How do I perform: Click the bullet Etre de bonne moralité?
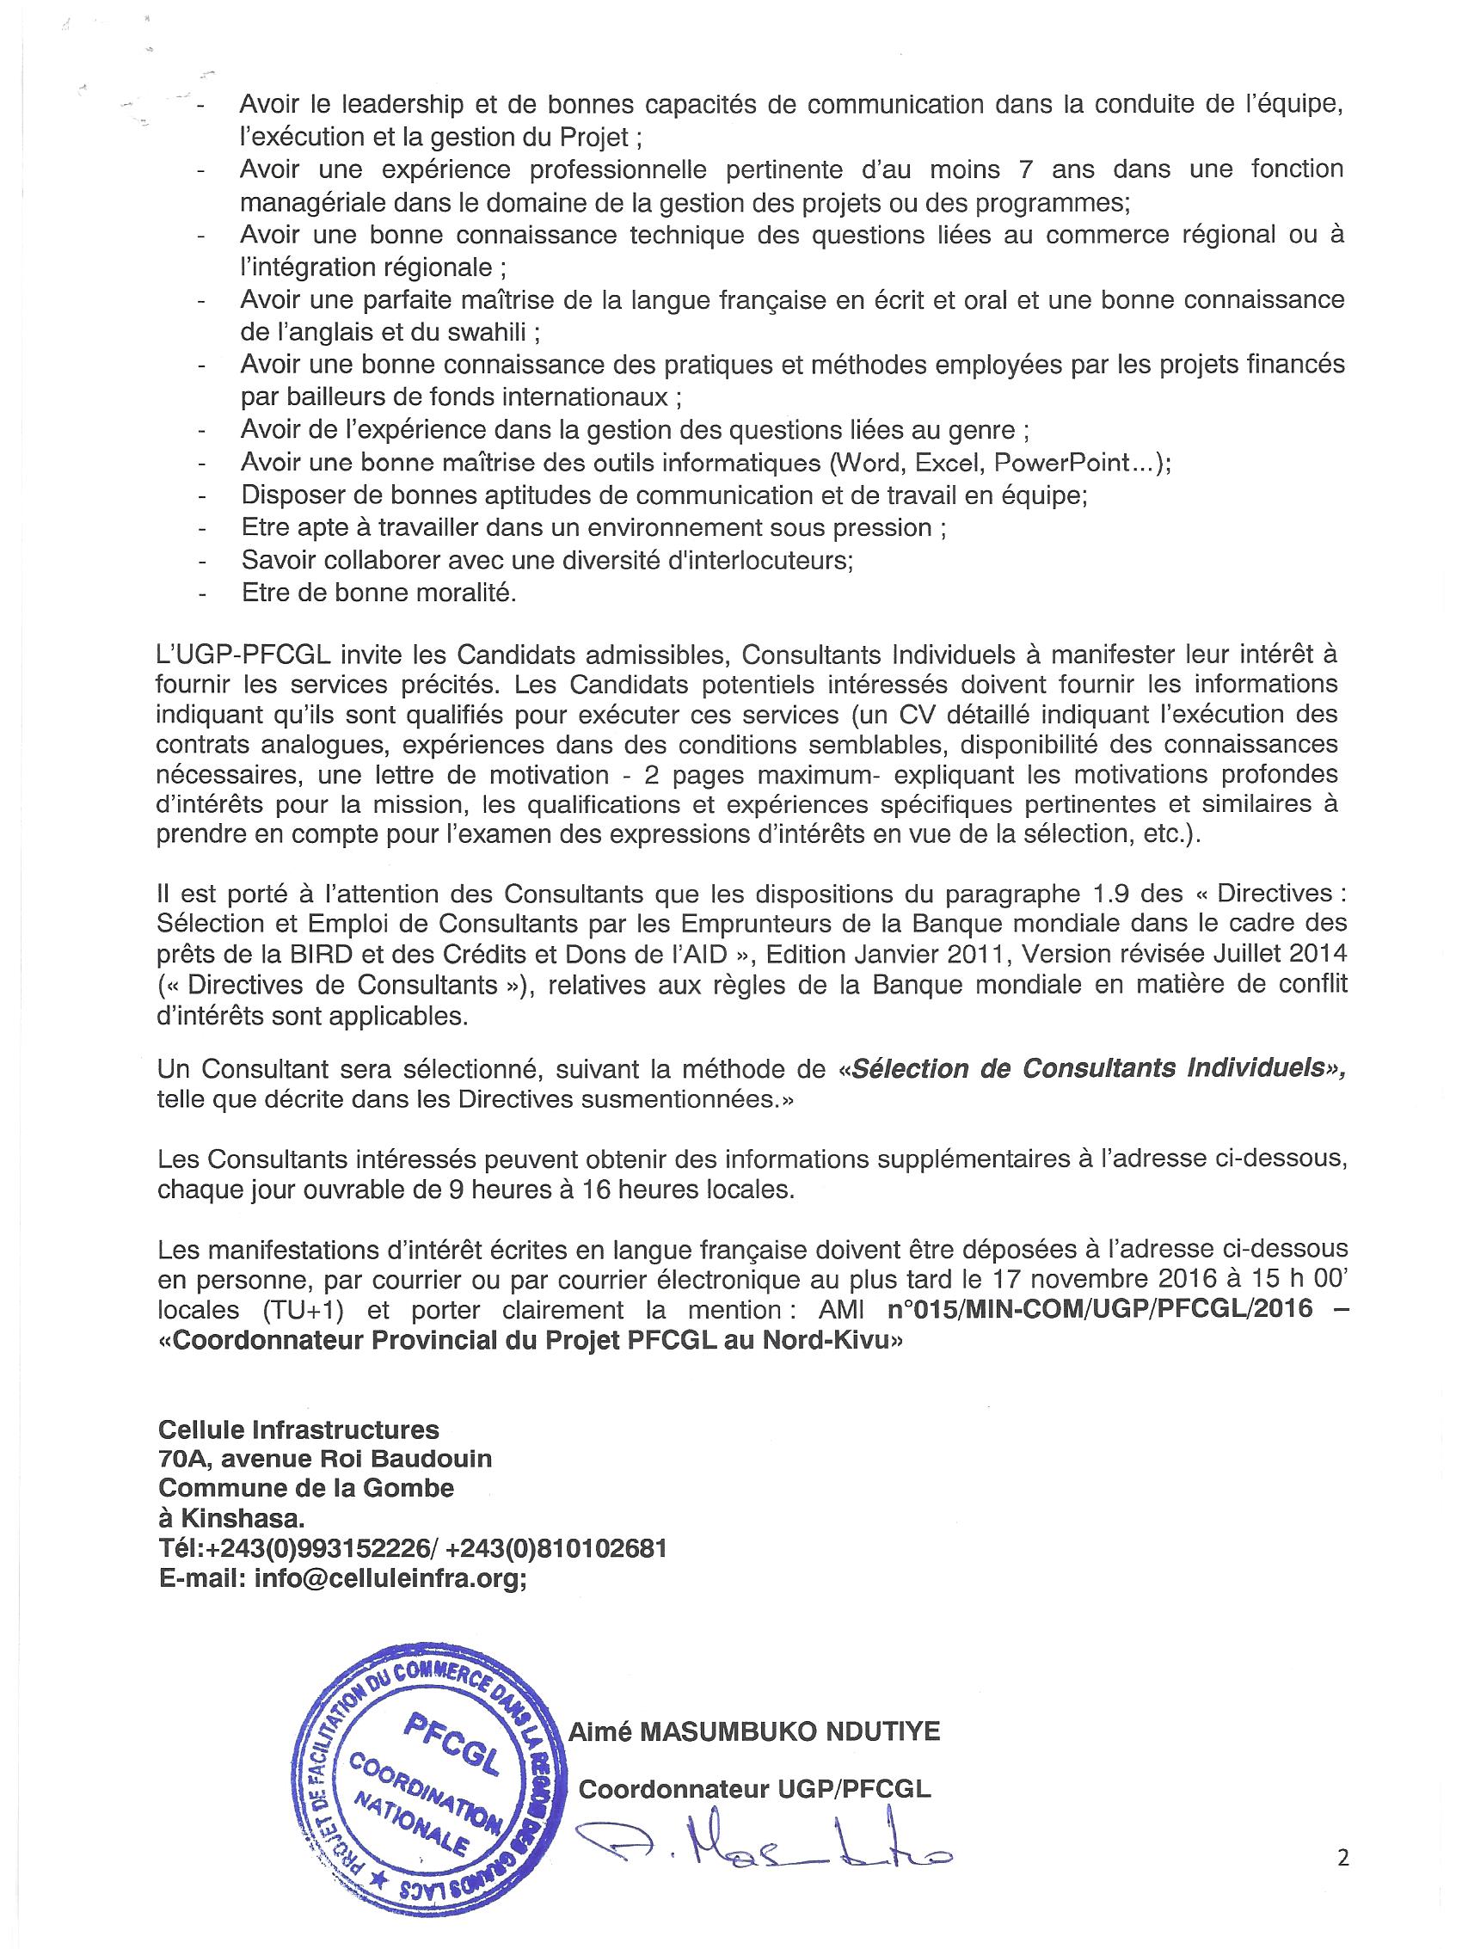(378, 593)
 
